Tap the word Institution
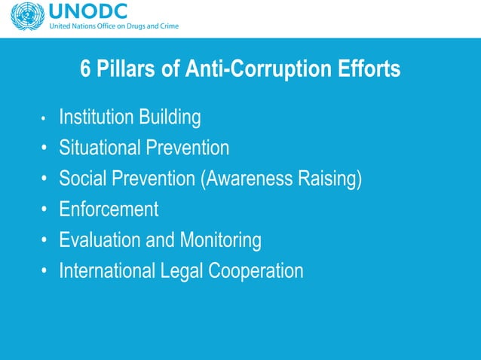97,117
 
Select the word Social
83,178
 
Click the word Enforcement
109,209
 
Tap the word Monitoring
220,240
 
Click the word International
108,270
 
